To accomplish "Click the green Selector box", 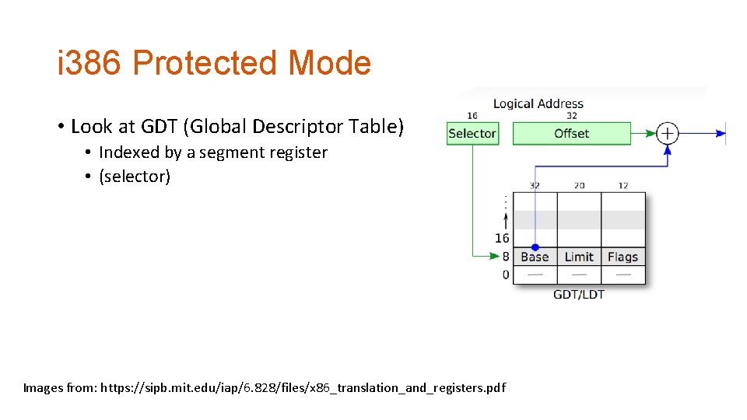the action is click(x=472, y=133).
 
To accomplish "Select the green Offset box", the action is click(x=571, y=133).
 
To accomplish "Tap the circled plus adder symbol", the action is click(x=667, y=133).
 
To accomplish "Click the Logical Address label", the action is click(x=538, y=103).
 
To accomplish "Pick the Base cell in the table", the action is click(x=535, y=257).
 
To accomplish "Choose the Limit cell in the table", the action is click(x=579, y=257).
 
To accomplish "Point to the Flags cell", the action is click(x=622, y=257).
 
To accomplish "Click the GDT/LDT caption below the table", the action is click(x=578, y=294).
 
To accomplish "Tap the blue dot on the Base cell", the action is click(x=535, y=247).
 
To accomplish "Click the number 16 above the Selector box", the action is click(x=472, y=116).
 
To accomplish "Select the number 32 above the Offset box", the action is click(x=571, y=116).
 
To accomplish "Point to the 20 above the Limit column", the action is click(x=579, y=185).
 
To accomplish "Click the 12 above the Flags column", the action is click(x=622, y=185).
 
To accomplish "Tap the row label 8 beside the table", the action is click(x=506, y=256).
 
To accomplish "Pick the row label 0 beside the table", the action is click(x=506, y=275).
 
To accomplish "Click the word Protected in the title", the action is click(x=205, y=63).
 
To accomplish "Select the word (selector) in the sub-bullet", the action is click(x=135, y=177).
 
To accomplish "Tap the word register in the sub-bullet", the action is click(x=298, y=152).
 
